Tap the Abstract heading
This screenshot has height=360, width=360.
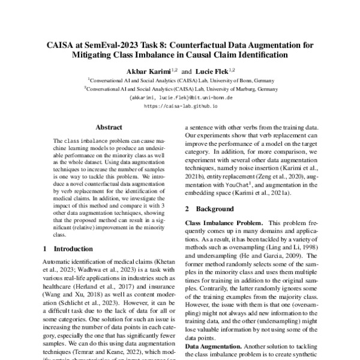pyautogui.click(x=109, y=127)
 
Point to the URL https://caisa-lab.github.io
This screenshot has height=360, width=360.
pyautogui.click(x=181, y=105)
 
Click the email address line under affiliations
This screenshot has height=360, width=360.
pyautogui.click(x=181, y=97)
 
